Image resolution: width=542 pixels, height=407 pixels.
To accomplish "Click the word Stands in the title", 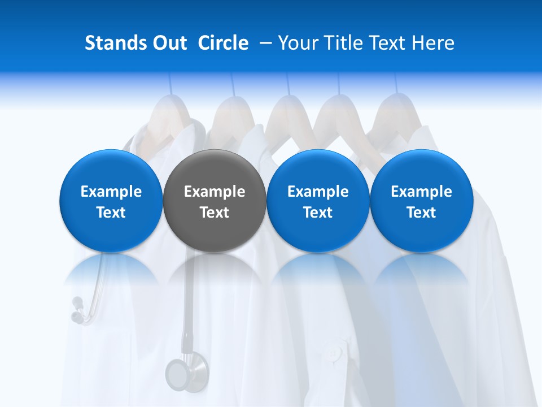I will click(x=116, y=43).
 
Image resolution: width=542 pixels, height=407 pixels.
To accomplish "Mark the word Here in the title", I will click(x=433, y=43).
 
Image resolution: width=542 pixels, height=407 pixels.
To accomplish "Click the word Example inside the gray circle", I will click(x=215, y=192).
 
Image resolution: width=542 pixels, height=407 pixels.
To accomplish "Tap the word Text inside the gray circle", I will click(x=215, y=213).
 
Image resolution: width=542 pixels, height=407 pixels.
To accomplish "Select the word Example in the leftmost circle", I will click(x=111, y=192).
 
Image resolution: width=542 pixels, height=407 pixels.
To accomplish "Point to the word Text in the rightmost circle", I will click(x=421, y=213).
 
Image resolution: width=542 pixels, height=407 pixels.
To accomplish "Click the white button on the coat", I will click(x=335, y=354).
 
